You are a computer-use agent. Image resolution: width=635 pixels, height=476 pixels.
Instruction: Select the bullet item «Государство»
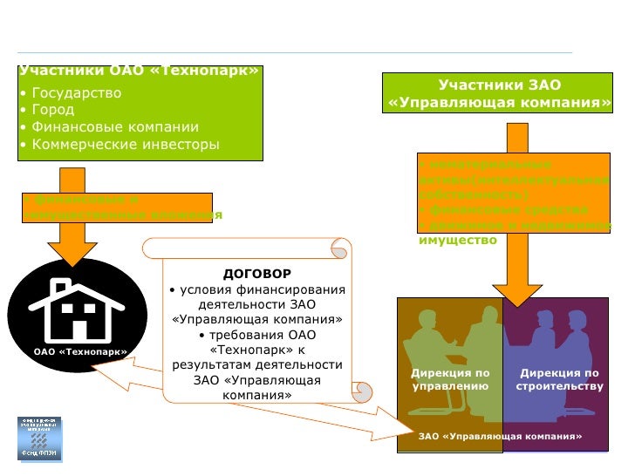76,92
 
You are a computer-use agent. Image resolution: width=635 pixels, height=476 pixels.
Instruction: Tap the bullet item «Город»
52,110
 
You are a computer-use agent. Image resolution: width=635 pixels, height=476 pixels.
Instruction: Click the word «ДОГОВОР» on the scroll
256,273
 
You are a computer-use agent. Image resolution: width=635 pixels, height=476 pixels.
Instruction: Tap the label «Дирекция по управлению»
450,379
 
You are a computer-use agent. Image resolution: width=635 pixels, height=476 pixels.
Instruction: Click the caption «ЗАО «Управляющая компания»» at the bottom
500,436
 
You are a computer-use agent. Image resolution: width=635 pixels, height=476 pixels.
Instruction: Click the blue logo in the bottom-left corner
39,438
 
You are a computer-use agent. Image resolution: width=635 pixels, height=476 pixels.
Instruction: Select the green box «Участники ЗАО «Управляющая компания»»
499,94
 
